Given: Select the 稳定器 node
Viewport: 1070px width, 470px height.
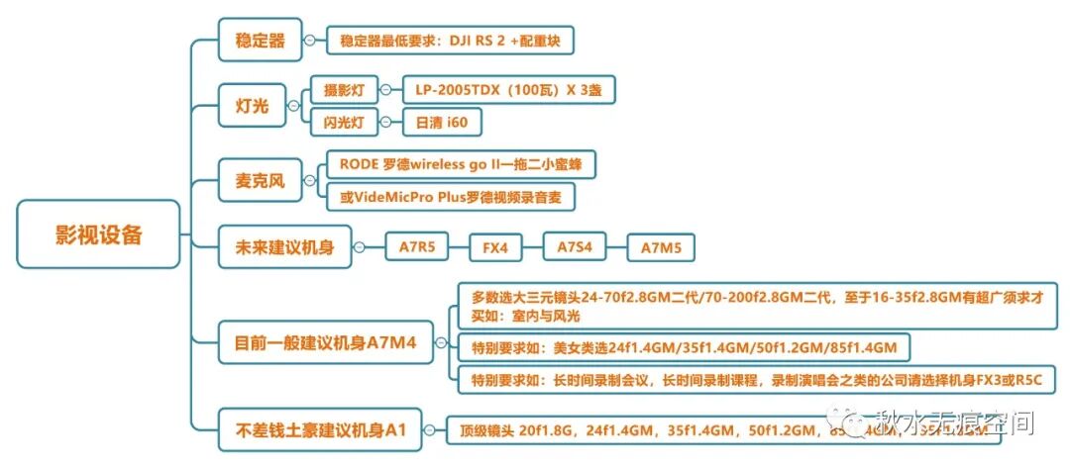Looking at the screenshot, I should click(260, 41).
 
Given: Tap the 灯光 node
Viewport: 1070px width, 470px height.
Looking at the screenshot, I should click(252, 106).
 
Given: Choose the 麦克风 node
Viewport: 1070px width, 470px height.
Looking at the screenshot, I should click(260, 181).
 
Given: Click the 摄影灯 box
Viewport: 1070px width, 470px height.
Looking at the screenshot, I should click(344, 90).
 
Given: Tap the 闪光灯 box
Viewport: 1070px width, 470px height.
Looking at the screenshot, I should click(344, 123).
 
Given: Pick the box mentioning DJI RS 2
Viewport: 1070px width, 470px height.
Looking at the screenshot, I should click(450, 41).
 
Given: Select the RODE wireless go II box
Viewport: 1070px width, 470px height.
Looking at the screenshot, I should click(460, 164).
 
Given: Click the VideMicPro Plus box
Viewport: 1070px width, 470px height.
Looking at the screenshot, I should click(451, 197).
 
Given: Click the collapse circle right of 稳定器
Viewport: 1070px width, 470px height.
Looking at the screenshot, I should click(309, 41).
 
